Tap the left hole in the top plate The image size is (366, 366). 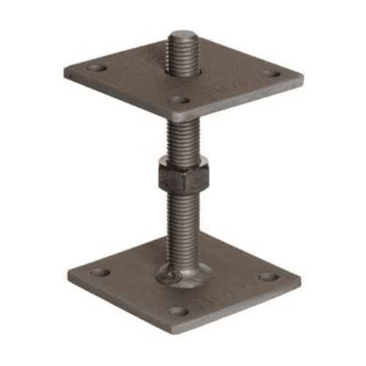click(96, 68)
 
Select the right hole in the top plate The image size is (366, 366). click(270, 73)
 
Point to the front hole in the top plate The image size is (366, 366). click(179, 100)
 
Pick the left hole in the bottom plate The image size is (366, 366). click(100, 272)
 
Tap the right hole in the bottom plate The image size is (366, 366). click(268, 277)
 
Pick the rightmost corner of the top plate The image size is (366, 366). click(303, 77)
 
